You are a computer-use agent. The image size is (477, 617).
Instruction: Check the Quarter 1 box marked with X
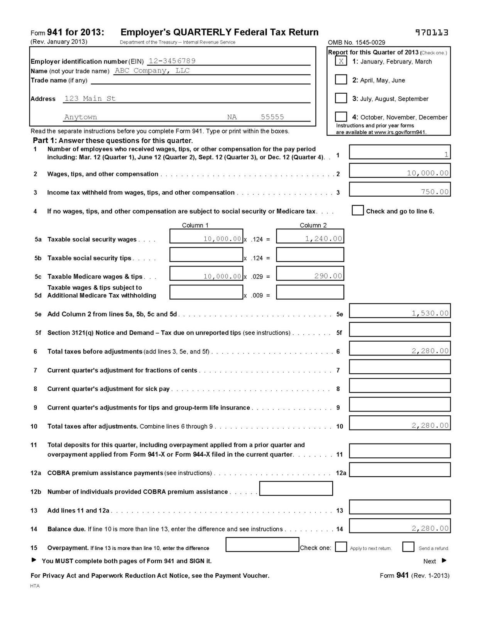pyautogui.click(x=341, y=61)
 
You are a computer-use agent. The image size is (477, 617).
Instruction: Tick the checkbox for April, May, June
pyautogui.click(x=341, y=79)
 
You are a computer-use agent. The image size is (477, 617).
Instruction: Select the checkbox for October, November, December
pyautogui.click(x=341, y=116)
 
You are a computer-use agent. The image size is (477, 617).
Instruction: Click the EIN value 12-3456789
pyautogui.click(x=172, y=61)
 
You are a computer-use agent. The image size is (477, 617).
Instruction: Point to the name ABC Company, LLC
pyautogui.click(x=152, y=71)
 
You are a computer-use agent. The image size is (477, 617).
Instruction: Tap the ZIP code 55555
pyautogui.click(x=272, y=117)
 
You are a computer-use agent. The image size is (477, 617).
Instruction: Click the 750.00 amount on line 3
pyautogui.click(x=435, y=192)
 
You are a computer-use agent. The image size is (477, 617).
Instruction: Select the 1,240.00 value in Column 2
pyautogui.click(x=323, y=239)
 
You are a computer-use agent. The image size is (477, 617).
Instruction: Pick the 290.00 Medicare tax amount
pyautogui.click(x=328, y=276)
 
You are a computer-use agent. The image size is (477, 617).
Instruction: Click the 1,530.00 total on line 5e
pyautogui.click(x=430, y=313)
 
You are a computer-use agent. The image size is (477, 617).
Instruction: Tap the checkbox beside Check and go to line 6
pyautogui.click(x=358, y=211)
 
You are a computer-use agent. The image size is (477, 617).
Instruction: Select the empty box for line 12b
pyautogui.click(x=296, y=488)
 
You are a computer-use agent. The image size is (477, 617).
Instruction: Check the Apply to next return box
pyautogui.click(x=341, y=547)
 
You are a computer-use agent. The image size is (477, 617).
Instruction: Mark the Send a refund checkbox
pyautogui.click(x=408, y=547)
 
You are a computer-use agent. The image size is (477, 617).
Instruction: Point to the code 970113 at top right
pyautogui.click(x=431, y=33)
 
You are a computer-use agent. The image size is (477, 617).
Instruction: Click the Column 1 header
pyautogui.click(x=195, y=225)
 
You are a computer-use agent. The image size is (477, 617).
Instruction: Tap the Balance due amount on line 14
pyautogui.click(x=430, y=528)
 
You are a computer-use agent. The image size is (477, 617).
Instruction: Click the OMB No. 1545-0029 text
pyautogui.click(x=356, y=42)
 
